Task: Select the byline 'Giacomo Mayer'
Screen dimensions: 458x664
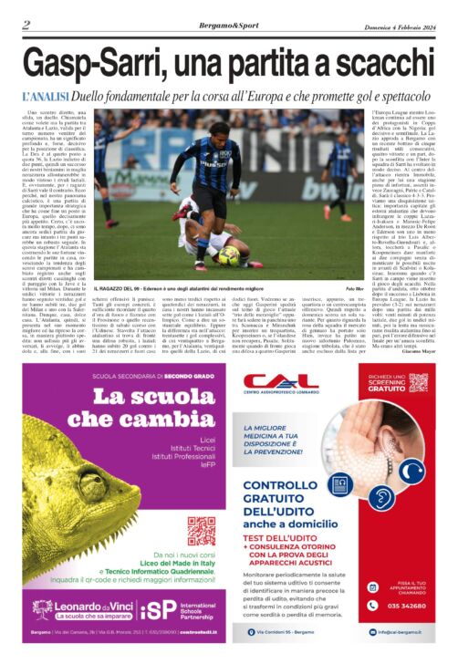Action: tap(415, 337)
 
